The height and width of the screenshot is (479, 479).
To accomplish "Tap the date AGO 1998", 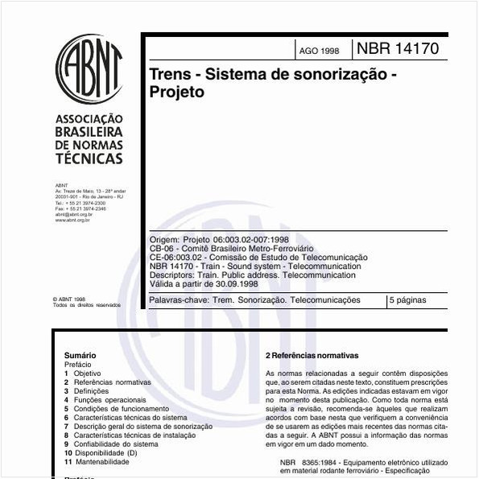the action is (319, 51).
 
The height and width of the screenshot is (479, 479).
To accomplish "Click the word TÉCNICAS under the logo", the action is (89, 159).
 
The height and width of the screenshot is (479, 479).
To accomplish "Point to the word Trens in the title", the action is (171, 74).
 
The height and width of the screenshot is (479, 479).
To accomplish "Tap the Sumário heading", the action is (80, 355).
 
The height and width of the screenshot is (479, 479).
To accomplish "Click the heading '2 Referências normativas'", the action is (312, 355).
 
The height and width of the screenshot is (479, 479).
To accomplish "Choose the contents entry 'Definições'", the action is (97, 390).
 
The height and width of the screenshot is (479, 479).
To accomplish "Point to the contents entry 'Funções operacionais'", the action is (109, 399).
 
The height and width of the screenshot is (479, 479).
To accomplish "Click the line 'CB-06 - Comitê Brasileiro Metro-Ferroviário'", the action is (231, 250).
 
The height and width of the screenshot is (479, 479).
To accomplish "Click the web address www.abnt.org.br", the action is (72, 220).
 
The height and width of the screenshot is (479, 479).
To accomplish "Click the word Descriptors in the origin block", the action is (170, 275).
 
